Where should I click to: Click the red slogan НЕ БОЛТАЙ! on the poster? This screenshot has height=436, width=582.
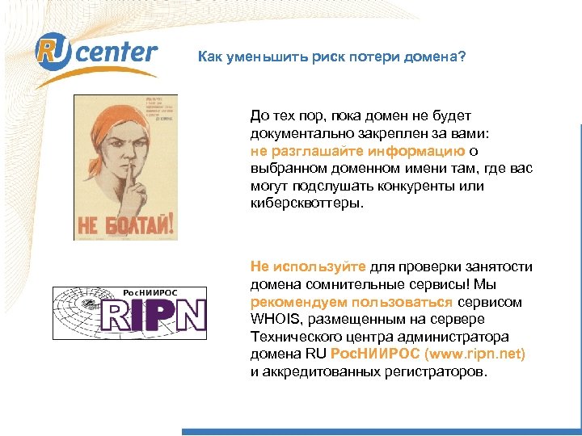click(124, 221)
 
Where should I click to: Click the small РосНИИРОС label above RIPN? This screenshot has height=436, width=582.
click(150, 292)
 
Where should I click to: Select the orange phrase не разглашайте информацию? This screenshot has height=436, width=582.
click(357, 150)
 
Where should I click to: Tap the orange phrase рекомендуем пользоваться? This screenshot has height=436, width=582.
click(352, 302)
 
